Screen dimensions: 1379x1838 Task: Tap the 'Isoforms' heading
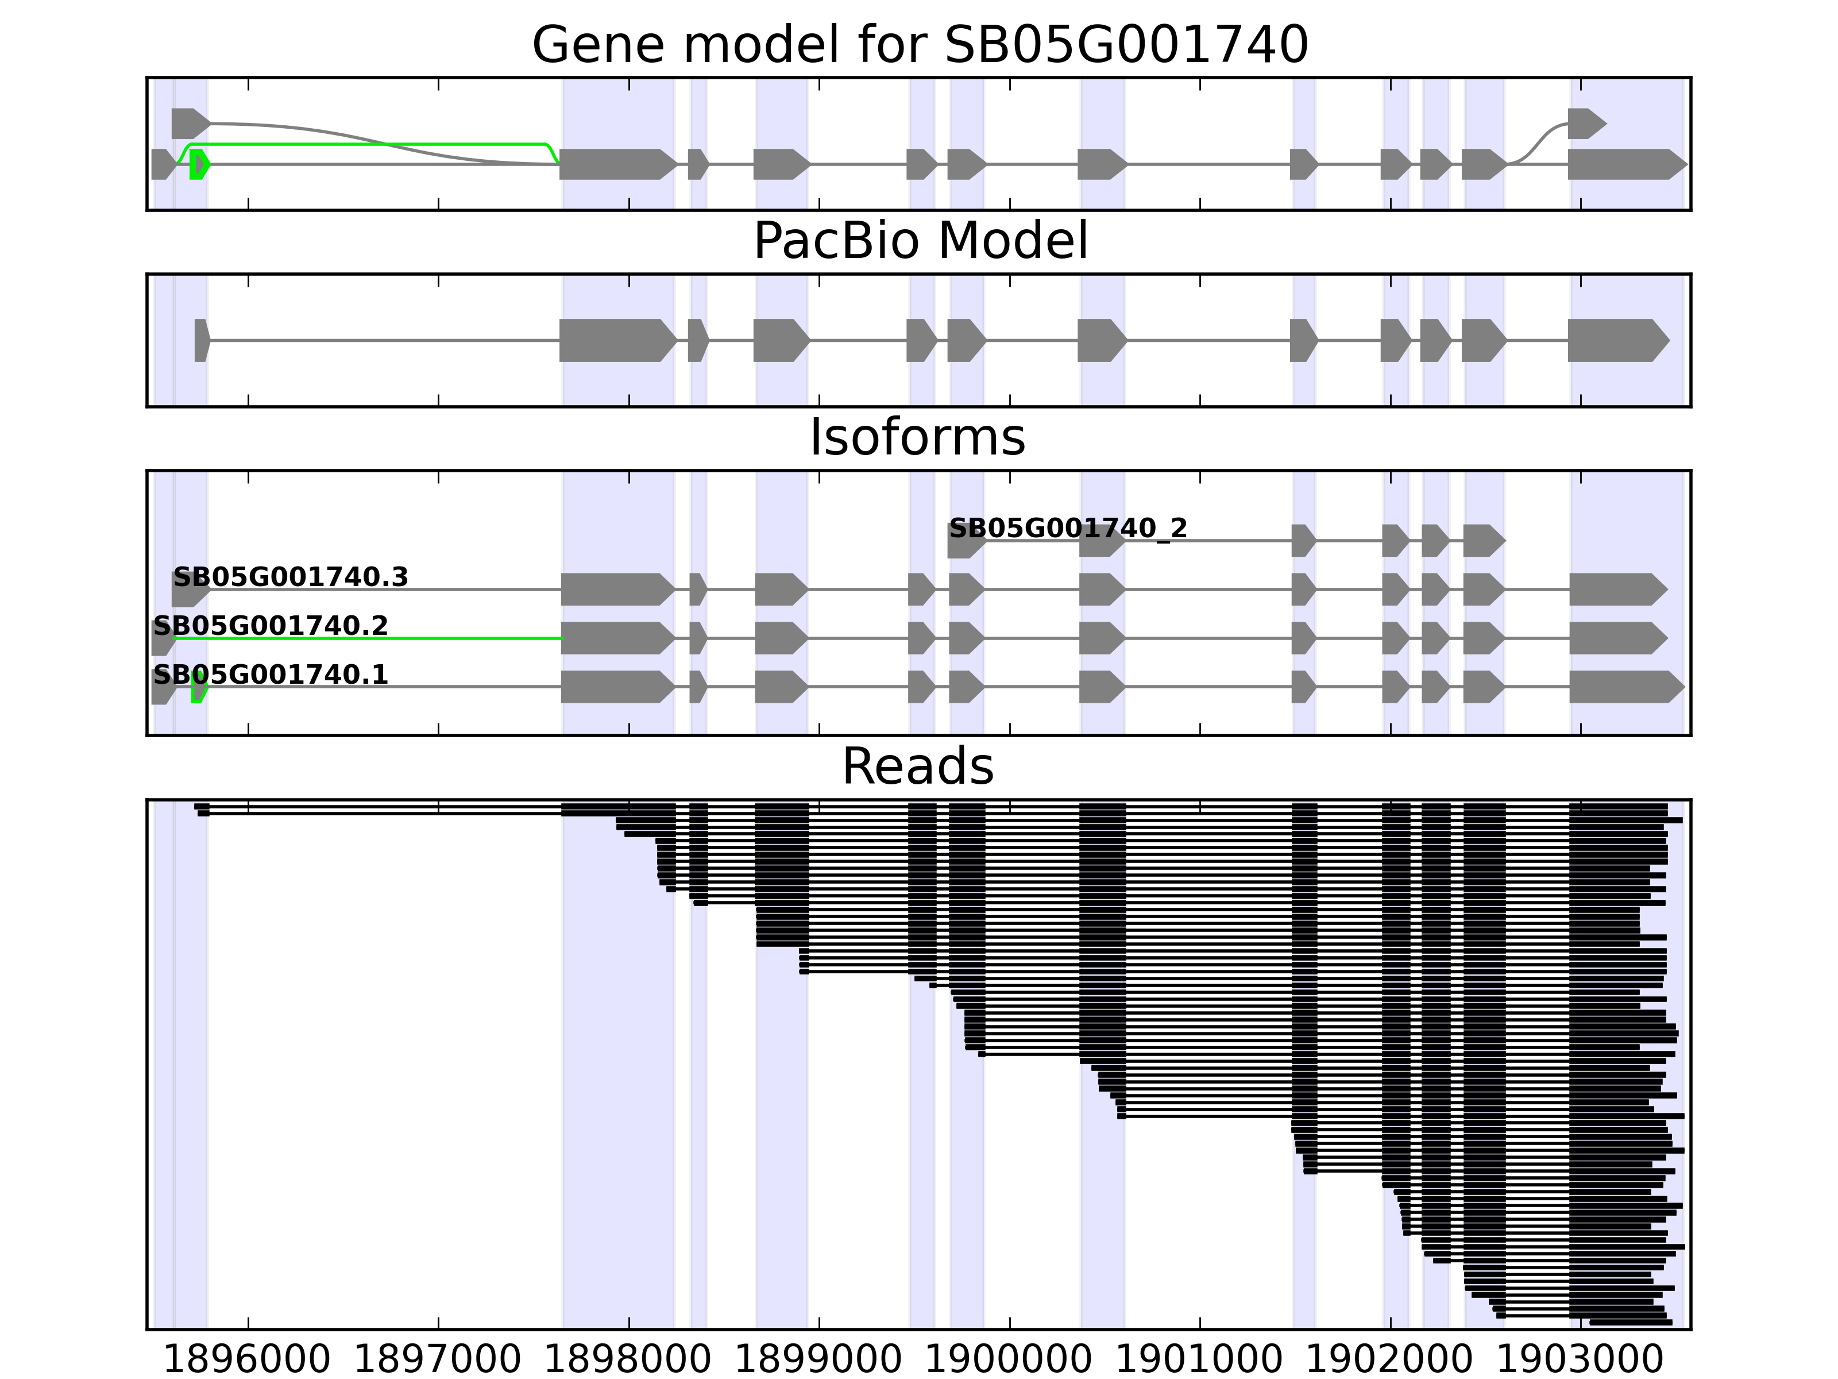[x=917, y=437]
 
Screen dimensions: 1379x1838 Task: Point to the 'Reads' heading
[x=917, y=766]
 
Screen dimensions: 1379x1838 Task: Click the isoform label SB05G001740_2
[x=1068, y=528]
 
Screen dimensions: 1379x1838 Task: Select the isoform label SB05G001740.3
[x=290, y=577]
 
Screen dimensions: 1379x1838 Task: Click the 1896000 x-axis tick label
[x=247, y=1361]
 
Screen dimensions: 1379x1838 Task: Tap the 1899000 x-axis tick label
[x=818, y=1361]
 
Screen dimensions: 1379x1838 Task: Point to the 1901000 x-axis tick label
[x=1199, y=1361]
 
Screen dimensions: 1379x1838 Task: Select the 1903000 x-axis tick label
[x=1580, y=1361]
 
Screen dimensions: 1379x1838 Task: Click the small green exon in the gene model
[x=198, y=164]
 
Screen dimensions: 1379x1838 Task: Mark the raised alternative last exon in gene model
[x=1585, y=124]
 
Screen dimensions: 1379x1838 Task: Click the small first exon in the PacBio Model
[x=201, y=340]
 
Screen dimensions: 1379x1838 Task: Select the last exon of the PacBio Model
[x=1616, y=340]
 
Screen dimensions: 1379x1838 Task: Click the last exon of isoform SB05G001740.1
[x=1624, y=687]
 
